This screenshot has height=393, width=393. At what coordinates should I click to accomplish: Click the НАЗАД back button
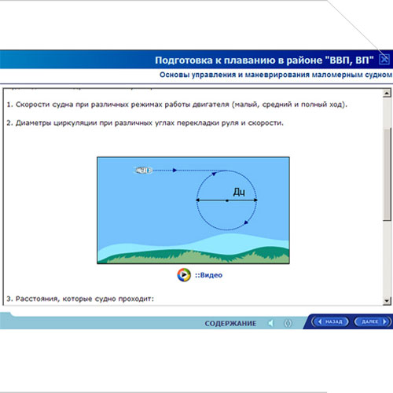(x=330, y=321)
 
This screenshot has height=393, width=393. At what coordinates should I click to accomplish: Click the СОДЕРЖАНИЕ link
(x=230, y=324)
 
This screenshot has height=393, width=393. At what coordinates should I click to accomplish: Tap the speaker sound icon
(x=271, y=323)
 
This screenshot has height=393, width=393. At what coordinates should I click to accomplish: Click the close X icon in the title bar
(x=384, y=60)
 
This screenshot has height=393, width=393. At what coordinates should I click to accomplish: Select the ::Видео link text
(x=208, y=275)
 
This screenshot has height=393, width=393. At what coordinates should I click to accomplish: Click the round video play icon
(x=184, y=275)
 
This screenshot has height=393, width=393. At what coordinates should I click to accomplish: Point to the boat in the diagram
(x=144, y=171)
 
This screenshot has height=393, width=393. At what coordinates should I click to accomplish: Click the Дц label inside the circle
(x=239, y=192)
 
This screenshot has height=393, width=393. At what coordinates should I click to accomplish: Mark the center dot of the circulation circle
(x=227, y=200)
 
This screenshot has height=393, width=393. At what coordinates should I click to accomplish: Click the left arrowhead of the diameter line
(x=198, y=200)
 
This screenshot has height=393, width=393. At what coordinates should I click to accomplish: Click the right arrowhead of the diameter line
(x=255, y=200)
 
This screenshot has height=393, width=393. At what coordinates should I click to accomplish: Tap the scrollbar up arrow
(x=387, y=93)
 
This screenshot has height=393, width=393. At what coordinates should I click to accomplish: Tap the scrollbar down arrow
(x=387, y=300)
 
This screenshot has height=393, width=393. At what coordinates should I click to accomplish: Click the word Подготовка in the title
(x=184, y=61)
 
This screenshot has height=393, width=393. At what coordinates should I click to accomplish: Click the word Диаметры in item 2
(x=33, y=123)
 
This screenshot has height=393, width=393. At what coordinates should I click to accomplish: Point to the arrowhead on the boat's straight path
(x=174, y=171)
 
